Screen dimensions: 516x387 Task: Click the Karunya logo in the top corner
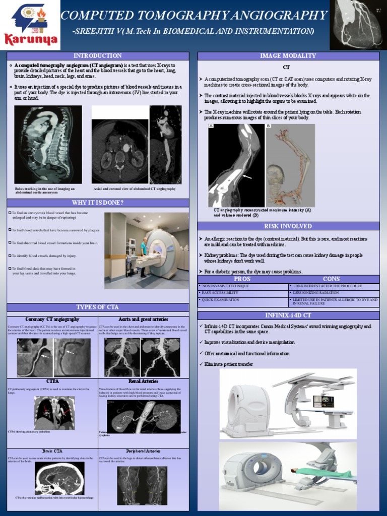tap(30, 25)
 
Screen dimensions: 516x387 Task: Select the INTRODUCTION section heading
tap(98, 55)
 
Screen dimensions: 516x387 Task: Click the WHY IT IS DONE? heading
tap(99, 203)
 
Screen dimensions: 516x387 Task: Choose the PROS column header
tap(242, 279)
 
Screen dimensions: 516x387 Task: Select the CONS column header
tap(331, 279)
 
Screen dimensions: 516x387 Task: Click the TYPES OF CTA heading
tap(98, 307)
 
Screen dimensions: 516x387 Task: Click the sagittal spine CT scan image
tap(48, 145)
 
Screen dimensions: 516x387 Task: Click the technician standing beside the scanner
tap(143, 257)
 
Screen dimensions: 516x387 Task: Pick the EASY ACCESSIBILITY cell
tap(242, 293)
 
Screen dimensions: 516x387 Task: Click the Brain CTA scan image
tap(59, 479)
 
